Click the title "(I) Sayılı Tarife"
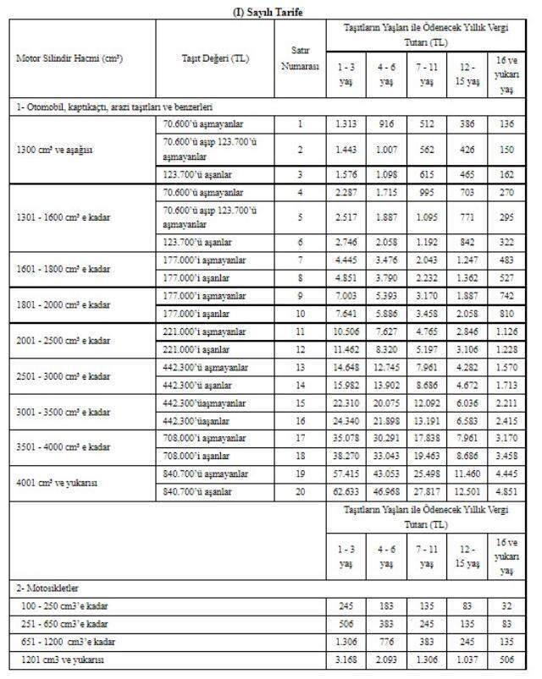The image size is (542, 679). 269,11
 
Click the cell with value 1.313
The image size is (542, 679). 346,124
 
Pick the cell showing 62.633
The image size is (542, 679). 346,491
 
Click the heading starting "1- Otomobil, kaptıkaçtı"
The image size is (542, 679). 114,107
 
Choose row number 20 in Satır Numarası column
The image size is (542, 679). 299,491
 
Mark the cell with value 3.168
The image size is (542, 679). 346,659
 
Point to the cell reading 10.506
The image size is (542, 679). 346,331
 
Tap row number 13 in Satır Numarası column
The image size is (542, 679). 299,368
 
